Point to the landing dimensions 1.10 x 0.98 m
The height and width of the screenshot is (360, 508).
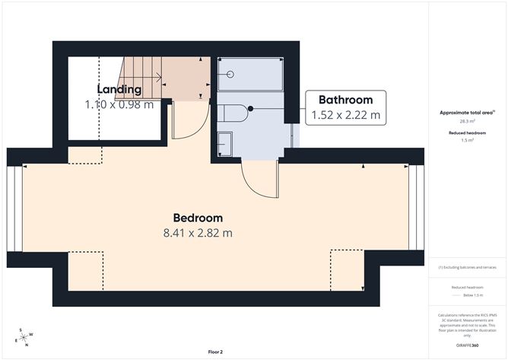click(119, 104)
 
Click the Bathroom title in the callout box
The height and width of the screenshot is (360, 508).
click(345, 100)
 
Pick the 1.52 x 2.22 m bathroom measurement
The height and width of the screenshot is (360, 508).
click(345, 116)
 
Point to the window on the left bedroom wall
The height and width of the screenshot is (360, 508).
click(15, 208)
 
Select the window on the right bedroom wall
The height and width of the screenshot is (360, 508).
click(416, 207)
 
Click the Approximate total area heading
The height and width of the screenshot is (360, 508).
click(467, 112)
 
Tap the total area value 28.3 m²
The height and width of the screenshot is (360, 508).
click(467, 121)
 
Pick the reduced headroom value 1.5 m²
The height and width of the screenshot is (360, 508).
click(467, 141)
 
